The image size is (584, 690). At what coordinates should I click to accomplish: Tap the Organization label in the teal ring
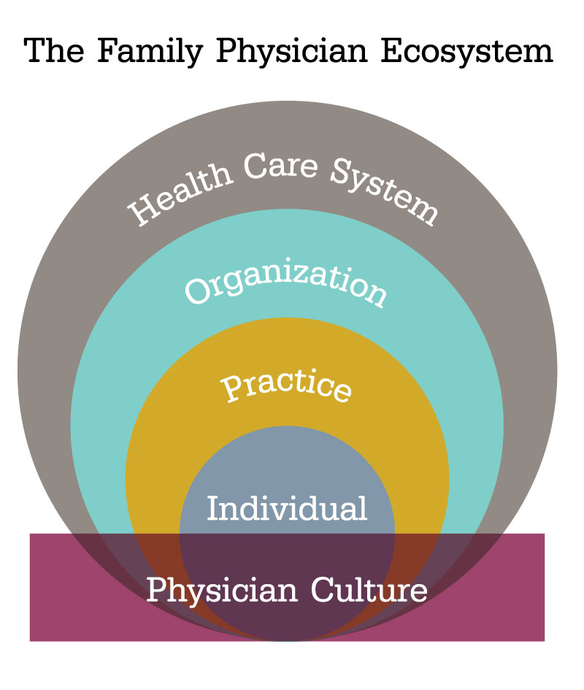pyautogui.click(x=285, y=287)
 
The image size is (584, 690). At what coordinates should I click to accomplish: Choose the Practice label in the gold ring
pyautogui.click(x=286, y=386)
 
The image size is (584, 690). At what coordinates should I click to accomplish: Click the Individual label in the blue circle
pyautogui.click(x=287, y=507)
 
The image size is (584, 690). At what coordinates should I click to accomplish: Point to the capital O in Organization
pyautogui.click(x=197, y=291)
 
